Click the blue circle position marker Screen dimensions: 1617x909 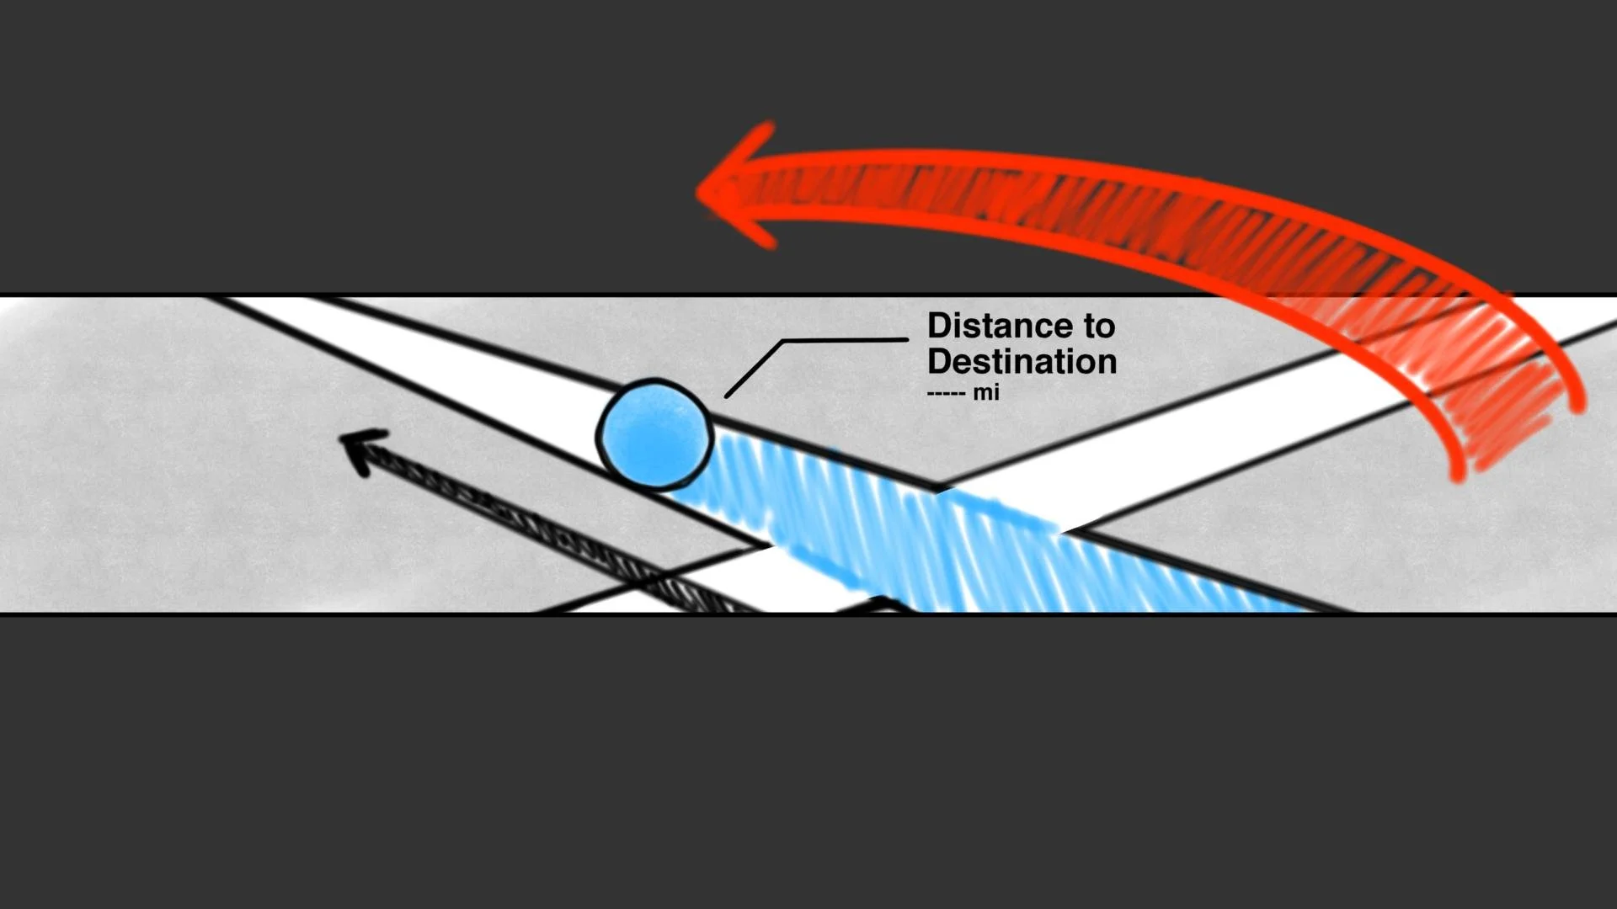point(655,434)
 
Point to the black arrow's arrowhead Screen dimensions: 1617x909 point(360,447)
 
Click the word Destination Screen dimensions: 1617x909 point(1022,362)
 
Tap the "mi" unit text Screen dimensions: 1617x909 point(986,392)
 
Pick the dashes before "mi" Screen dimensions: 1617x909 point(946,393)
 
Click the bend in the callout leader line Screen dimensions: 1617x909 point(783,342)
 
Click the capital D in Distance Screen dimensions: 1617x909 point(938,326)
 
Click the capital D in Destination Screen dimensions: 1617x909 point(938,362)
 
